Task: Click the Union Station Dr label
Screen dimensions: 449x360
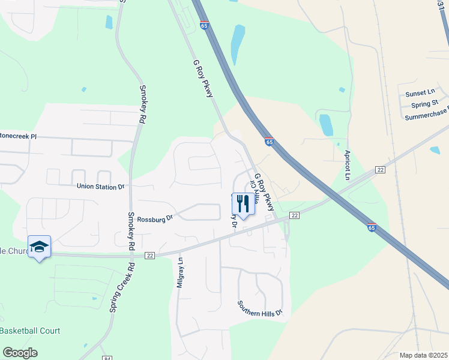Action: [100, 187]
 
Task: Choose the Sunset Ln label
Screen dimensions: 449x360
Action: [420, 93]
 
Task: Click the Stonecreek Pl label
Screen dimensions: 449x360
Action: [18, 137]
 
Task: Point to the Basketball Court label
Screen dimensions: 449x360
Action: [30, 331]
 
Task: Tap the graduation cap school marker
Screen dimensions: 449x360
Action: [39, 247]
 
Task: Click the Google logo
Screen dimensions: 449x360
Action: [20, 353]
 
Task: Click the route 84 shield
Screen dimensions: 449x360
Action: [107, 357]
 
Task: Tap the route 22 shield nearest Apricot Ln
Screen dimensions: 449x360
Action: [379, 170]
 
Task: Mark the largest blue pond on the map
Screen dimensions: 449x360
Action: [238, 45]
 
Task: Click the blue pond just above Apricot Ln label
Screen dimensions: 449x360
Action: [326, 124]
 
